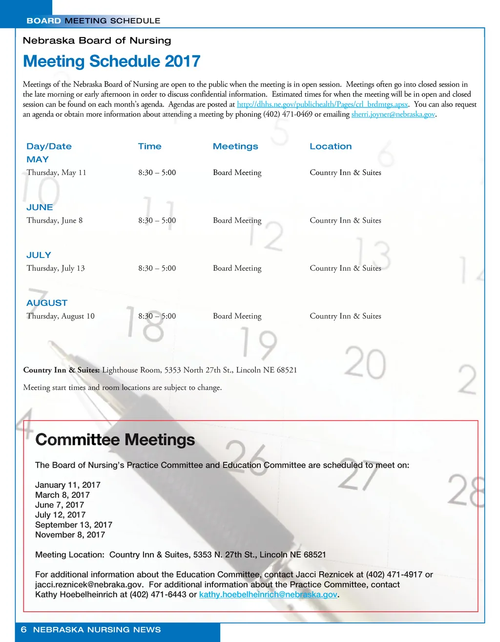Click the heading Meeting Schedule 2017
click(111, 62)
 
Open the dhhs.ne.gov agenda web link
click(322, 105)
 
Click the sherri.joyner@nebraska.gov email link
click(393, 114)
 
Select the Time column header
click(149, 147)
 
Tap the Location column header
click(331, 147)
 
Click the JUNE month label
click(40, 207)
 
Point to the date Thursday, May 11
click(56, 172)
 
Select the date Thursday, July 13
click(56, 268)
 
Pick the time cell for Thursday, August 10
click(157, 316)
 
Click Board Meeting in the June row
click(237, 220)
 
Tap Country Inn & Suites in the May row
click(345, 172)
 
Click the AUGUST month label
click(47, 303)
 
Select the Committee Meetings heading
click(115, 440)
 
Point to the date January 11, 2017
click(68, 485)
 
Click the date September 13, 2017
click(74, 525)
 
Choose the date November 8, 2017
click(70, 535)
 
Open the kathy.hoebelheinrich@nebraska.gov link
click(268, 595)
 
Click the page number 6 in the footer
click(23, 630)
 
